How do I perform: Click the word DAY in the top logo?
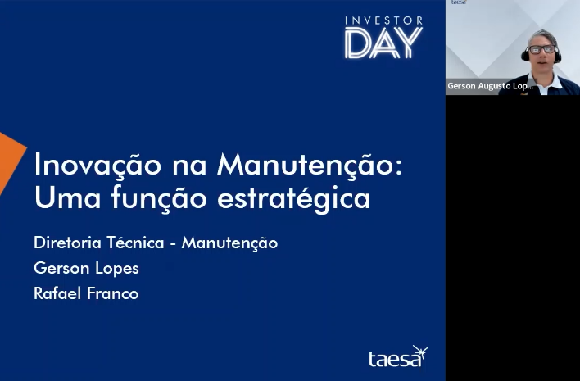click(x=383, y=43)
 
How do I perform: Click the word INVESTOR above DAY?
click(x=384, y=20)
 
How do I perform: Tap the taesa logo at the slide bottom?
click(x=398, y=356)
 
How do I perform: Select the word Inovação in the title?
click(x=97, y=166)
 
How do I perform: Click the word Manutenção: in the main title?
click(x=310, y=164)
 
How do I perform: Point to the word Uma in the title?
click(x=67, y=197)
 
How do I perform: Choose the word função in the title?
click(x=159, y=199)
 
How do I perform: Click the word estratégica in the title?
click(x=294, y=199)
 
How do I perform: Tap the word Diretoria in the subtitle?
click(x=67, y=243)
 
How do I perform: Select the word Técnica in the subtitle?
click(x=136, y=243)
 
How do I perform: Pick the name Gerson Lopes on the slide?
click(x=86, y=269)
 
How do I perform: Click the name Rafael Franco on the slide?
click(x=86, y=293)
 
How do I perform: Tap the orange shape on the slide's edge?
click(x=9, y=159)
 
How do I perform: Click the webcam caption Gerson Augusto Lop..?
click(x=491, y=86)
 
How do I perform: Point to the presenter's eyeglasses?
click(x=541, y=49)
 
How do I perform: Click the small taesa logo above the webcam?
click(x=459, y=2)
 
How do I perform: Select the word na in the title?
click(x=189, y=166)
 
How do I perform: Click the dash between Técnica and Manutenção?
click(x=173, y=244)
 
